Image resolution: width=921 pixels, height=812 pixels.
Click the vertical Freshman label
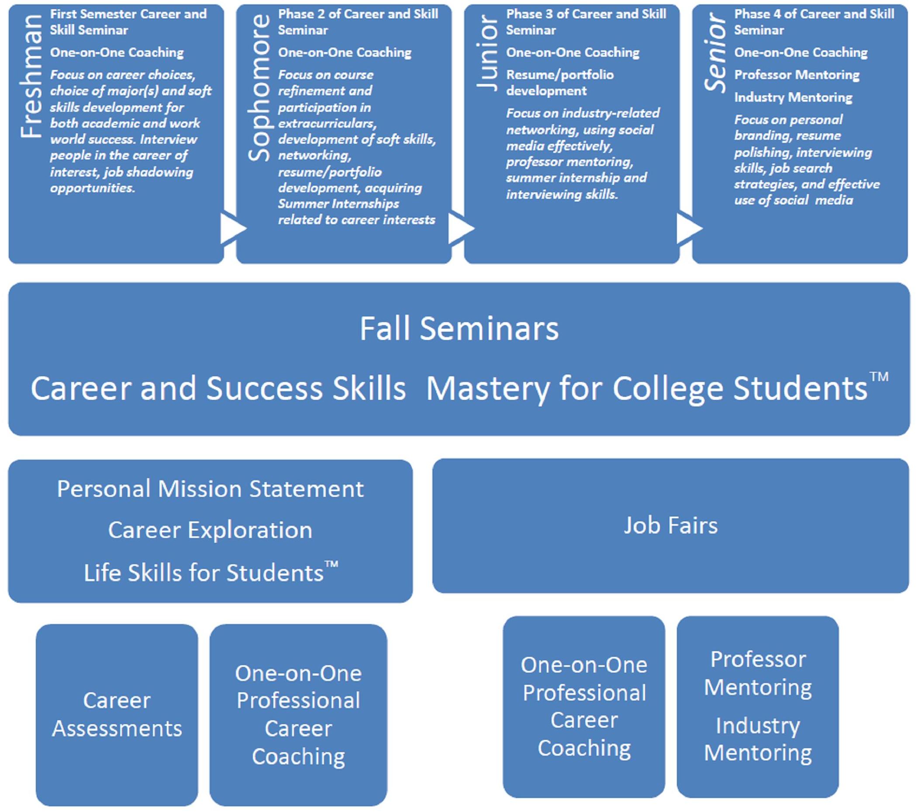31,76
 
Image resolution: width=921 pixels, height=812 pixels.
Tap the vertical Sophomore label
259,87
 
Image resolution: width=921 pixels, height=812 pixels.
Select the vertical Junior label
487,53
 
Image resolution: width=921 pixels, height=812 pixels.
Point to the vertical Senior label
715,53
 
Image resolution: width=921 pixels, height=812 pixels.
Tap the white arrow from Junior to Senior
690,228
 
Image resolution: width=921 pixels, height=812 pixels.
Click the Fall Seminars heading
459,328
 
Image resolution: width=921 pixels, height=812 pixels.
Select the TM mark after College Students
879,377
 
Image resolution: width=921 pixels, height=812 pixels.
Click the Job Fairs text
670,525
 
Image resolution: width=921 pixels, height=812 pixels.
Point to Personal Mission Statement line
210,489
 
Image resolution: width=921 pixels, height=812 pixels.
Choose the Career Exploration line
210,530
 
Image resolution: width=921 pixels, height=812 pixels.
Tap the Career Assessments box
117,715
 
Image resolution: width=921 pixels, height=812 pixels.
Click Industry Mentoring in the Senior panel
793,97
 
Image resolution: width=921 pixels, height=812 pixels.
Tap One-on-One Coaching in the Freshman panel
117,53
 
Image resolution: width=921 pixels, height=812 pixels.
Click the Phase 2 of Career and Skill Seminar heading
358,22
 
